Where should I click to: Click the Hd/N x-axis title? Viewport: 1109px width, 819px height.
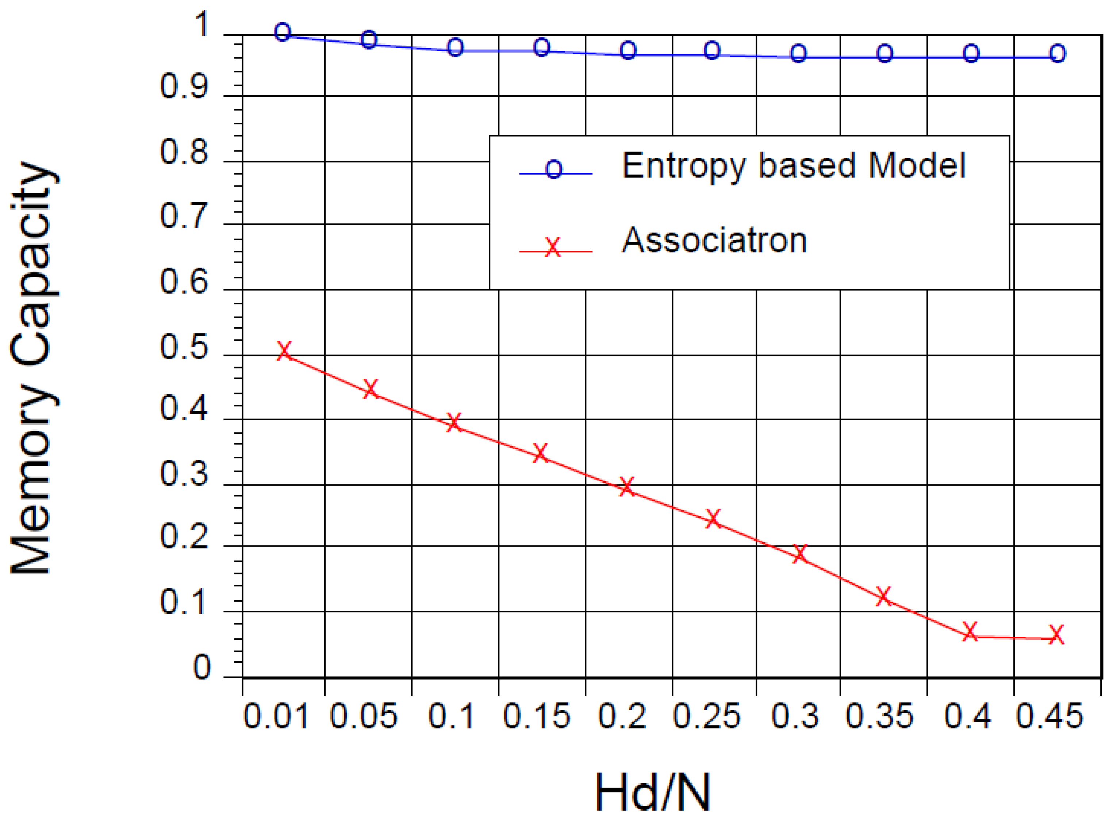pos(653,792)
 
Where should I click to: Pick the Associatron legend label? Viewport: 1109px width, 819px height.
pos(714,241)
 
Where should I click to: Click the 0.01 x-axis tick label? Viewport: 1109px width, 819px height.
pos(276,717)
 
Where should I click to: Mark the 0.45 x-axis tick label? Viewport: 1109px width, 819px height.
pos(1049,717)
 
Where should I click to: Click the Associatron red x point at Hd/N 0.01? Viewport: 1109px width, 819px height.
pos(284,351)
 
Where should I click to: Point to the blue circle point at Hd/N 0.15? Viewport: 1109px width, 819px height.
pos(542,47)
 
